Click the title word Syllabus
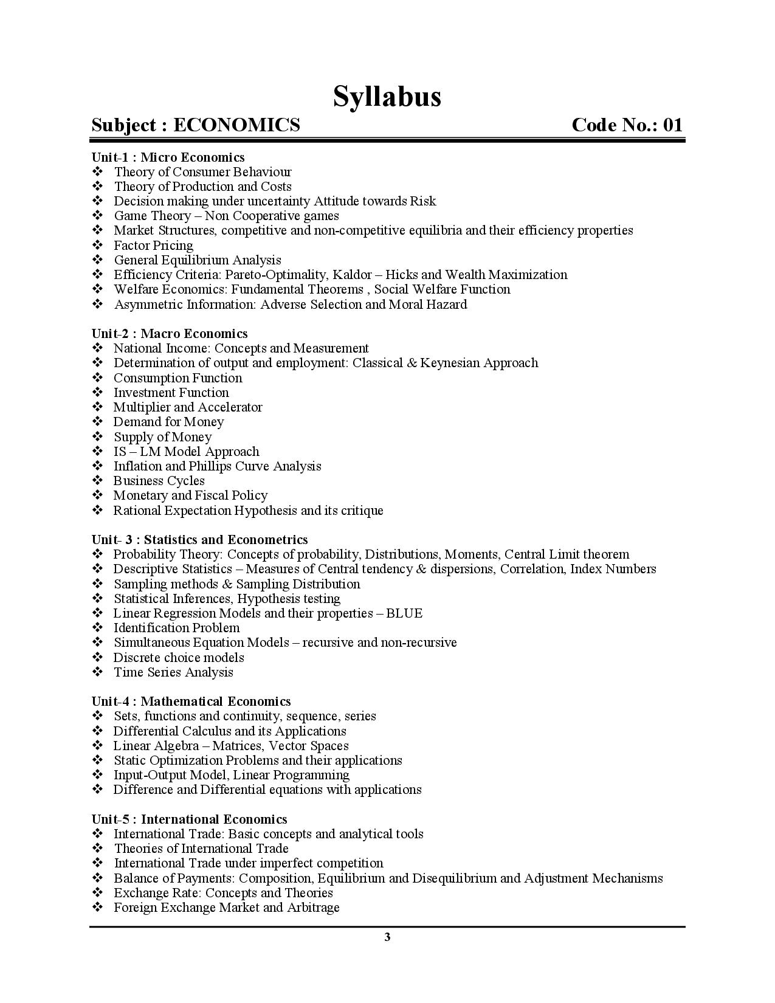(387, 96)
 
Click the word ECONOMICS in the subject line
(236, 125)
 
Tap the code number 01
(672, 125)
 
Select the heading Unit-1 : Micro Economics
(168, 157)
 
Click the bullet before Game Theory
(98, 216)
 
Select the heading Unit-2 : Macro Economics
(170, 334)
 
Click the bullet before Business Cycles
(98, 481)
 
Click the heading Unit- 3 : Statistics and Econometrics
(199, 540)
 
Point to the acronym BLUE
(404, 613)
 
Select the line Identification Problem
(176, 628)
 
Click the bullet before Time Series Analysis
(98, 672)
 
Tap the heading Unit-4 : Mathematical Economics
(191, 701)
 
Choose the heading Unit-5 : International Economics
(189, 819)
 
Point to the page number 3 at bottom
(387, 937)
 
